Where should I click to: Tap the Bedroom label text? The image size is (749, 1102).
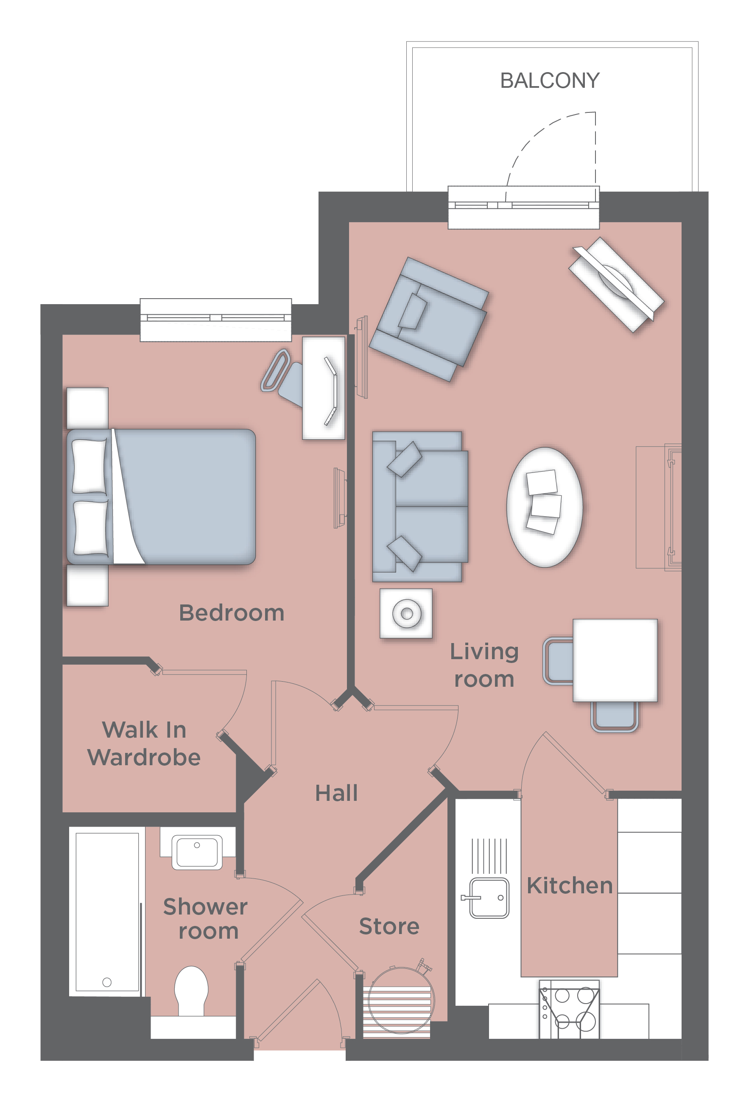coord(231,613)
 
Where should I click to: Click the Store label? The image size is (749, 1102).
coord(389,926)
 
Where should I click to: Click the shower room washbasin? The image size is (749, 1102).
coord(197,852)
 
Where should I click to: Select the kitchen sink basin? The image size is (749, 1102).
coord(489,898)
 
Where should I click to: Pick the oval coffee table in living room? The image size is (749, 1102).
coord(544,507)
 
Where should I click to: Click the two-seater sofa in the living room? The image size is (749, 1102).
coord(420,506)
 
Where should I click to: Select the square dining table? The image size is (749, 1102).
coord(615,660)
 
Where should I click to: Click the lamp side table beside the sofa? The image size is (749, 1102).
coord(406,613)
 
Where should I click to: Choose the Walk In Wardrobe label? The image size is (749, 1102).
coord(144,743)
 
